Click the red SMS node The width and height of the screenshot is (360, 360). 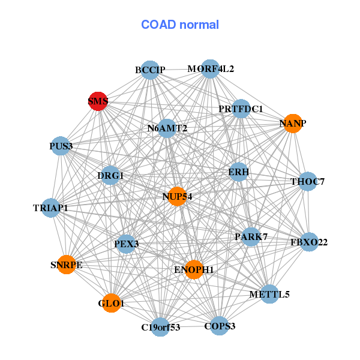click(98, 101)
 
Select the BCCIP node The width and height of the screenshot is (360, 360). click(151, 70)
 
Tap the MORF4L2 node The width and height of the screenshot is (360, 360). click(210, 68)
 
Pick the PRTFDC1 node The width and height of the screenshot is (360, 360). click(241, 109)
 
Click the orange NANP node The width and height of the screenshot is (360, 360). click(292, 124)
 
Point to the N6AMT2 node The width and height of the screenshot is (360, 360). click(167, 128)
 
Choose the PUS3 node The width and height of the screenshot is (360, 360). click(61, 146)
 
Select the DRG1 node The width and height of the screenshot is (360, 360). click(110, 175)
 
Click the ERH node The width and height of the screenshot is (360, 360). click(238, 172)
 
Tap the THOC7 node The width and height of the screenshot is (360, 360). click(307, 181)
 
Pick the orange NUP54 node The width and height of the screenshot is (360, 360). click(177, 196)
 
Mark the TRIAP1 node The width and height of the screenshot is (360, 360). click(50, 208)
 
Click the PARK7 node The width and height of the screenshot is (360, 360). click(251, 236)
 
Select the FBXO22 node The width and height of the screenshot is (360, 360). click(309, 242)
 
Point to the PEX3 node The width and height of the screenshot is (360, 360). click(126, 244)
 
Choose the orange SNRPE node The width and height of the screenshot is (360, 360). click(66, 265)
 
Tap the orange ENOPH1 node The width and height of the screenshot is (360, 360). click(194, 270)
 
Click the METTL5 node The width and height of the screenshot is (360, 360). click(269, 294)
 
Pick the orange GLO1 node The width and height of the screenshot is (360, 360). click(111, 304)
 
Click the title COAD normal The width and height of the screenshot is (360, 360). click(180, 25)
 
